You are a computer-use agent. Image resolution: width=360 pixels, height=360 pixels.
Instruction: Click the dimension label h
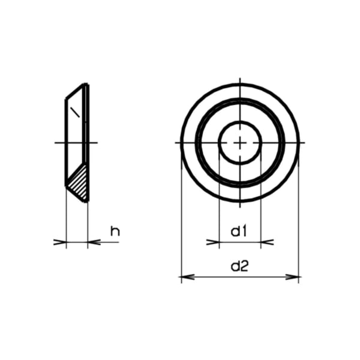(x=115, y=230)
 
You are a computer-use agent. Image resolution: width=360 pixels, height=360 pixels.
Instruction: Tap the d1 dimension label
(x=240, y=230)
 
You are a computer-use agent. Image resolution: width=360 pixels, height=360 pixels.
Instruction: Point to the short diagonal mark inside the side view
(x=74, y=111)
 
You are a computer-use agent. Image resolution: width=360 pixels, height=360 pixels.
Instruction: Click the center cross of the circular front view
(x=240, y=143)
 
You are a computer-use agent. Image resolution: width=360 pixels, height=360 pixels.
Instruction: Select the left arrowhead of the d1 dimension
(x=213, y=242)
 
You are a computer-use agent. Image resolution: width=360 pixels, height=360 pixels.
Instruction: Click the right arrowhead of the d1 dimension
(x=267, y=242)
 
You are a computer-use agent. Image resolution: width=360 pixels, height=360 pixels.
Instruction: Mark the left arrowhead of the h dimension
(x=60, y=242)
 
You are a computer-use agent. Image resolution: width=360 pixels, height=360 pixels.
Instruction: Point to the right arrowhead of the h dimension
(x=93, y=242)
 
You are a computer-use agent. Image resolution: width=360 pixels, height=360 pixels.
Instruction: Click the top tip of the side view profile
(x=87, y=85)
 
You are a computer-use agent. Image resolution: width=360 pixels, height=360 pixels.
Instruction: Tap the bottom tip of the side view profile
(x=86, y=200)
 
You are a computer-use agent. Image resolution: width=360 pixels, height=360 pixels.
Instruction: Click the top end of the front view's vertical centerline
(x=240, y=79)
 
